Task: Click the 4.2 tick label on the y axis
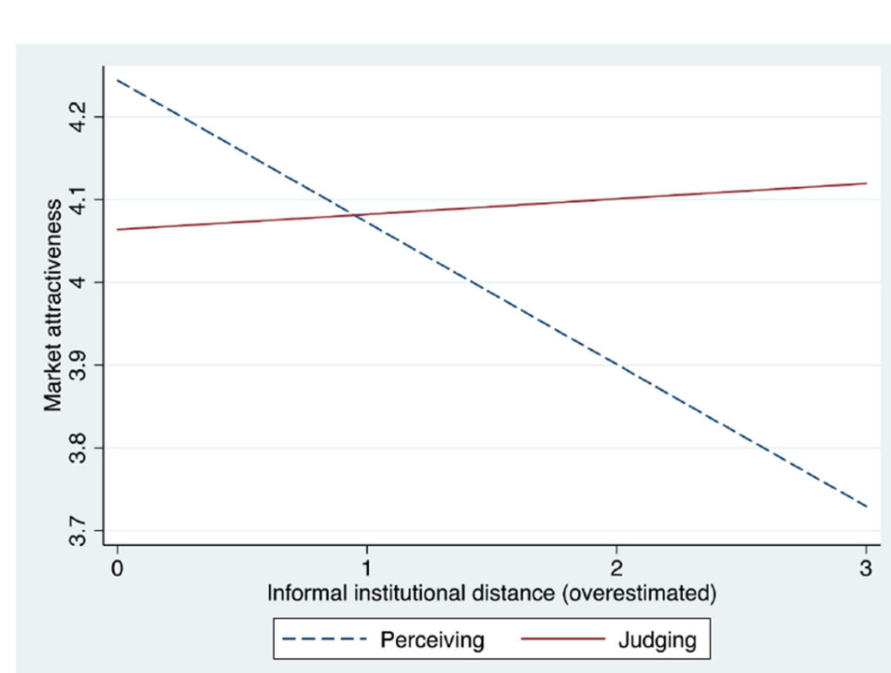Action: point(77,117)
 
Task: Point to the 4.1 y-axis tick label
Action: point(77,199)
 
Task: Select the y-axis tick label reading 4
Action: point(77,282)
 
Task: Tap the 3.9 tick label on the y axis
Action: point(77,365)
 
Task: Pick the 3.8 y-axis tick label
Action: point(77,448)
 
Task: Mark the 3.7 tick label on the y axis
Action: point(77,531)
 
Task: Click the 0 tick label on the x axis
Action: point(117,568)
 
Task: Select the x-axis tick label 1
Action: point(367,568)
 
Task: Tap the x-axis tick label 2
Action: point(617,568)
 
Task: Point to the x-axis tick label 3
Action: point(866,568)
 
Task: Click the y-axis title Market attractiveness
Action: point(53,306)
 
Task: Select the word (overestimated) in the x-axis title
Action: point(640,594)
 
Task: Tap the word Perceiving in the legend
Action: point(432,640)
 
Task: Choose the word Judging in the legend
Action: point(658,640)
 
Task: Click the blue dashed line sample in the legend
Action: point(325,639)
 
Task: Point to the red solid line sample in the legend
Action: point(563,639)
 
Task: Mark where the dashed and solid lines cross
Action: point(355,215)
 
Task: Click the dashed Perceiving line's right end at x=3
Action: point(867,507)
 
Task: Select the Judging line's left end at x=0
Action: point(117,230)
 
